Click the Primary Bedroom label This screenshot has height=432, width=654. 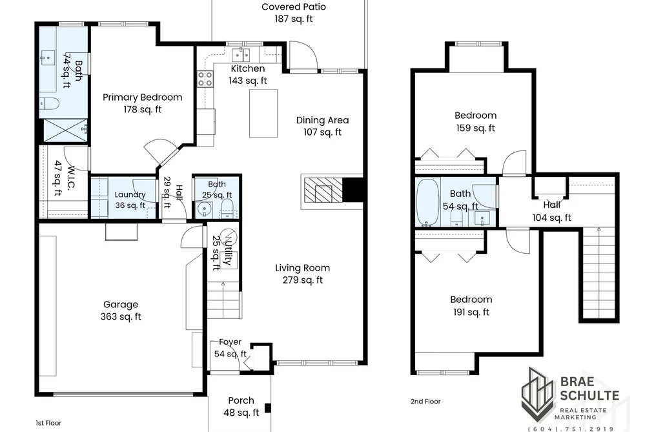pos(142,103)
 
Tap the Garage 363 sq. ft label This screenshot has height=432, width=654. pos(121,311)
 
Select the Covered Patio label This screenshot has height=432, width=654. pos(294,12)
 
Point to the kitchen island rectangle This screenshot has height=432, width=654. pos(263,114)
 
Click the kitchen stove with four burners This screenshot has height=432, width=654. pos(205,79)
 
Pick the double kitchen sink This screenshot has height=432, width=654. pos(241,55)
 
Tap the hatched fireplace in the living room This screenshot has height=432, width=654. pos(322,191)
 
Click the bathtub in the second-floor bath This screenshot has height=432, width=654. pos(427,202)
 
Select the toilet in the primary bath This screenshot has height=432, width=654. pos(49,103)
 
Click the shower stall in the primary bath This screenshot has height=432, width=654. pos(65,130)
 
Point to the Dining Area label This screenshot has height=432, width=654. pos(322,126)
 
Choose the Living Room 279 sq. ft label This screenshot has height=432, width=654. pos(302,274)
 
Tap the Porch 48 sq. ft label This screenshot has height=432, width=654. pos(241,407)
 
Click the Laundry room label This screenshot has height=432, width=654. pos(130,200)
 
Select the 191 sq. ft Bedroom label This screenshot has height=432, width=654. pos(471,305)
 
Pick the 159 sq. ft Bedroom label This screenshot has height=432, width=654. pos(475,121)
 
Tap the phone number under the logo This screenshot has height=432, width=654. pos(571,429)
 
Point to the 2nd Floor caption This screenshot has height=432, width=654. pos(425,401)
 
